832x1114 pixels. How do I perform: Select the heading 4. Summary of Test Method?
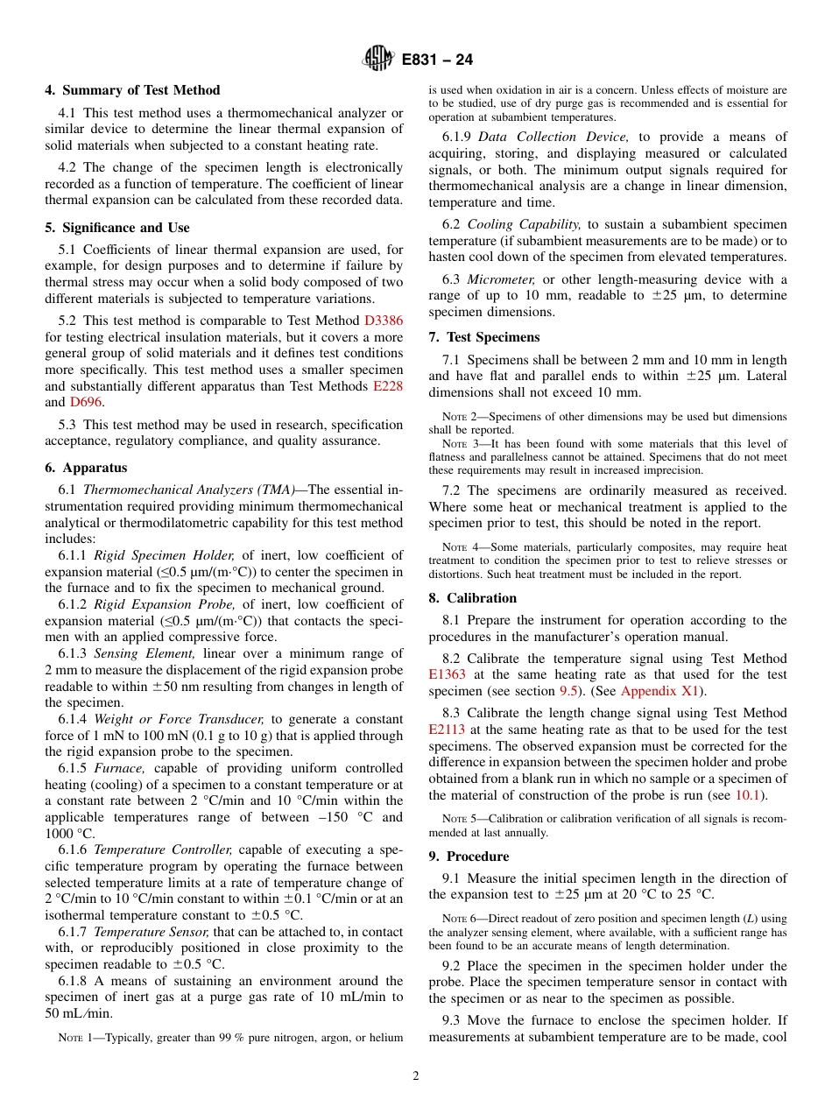tap(132, 90)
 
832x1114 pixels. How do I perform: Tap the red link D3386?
tap(384, 321)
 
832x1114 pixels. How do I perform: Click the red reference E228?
tap(388, 386)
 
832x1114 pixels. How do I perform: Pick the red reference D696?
tap(86, 402)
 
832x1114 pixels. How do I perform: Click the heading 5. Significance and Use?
tap(116, 228)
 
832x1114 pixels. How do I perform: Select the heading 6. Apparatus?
tap(86, 469)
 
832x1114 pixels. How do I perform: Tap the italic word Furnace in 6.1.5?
tap(114, 768)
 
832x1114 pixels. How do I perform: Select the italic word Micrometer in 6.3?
tap(495, 279)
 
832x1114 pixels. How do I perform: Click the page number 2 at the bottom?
tap(416, 1075)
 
